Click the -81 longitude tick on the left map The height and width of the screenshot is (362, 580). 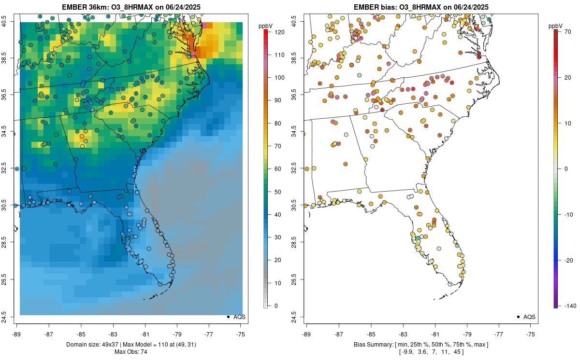145,334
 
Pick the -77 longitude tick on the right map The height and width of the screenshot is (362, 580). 499,334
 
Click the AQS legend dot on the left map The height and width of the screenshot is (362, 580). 228,317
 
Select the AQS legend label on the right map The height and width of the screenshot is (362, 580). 529,317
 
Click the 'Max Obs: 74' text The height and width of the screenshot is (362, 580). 130,352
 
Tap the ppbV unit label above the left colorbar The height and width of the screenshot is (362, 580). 265,26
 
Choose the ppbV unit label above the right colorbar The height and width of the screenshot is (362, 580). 555,26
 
